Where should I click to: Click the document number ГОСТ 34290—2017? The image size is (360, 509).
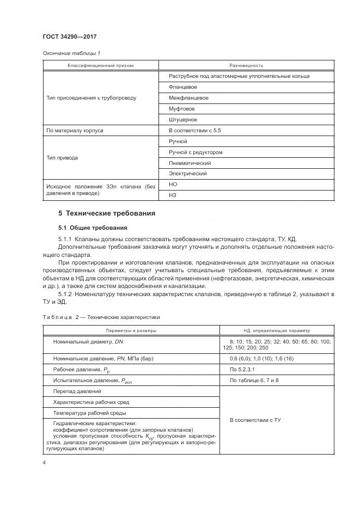70,37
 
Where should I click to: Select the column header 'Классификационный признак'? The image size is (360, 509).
100,65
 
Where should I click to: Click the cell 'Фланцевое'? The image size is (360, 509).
183,87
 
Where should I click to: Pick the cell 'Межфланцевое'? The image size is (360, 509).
188,98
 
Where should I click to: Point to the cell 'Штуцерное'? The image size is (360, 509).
183,120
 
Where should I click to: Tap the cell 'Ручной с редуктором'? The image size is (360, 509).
196,152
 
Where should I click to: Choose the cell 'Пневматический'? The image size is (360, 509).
190,163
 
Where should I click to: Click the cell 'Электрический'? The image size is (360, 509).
188,174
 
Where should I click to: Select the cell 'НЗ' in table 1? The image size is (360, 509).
173,196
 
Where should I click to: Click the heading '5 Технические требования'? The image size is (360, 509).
107,213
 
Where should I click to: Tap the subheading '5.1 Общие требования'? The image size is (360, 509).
93,228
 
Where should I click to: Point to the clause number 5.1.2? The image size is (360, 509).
68,294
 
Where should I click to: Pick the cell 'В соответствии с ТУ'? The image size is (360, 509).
255,421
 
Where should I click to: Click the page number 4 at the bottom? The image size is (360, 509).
44,463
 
